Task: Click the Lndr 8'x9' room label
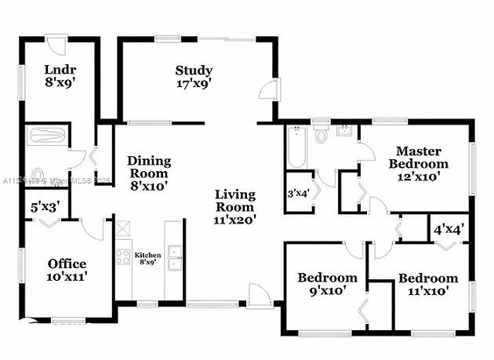pos(59,73)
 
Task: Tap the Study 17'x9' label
pos(193,75)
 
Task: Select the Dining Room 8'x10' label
pos(149,173)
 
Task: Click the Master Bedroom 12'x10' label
pos(418,163)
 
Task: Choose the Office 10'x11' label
pos(67,269)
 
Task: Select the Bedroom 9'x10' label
pos(327,283)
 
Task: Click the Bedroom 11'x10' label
pos(427,283)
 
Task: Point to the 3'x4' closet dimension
pos(299,192)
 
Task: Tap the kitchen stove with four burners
pos(123,256)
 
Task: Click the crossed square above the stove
pos(122,229)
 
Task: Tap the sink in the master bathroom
pos(343,130)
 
